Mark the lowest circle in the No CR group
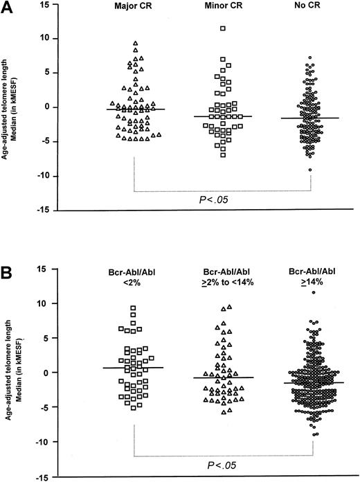pyautogui.click(x=310, y=170)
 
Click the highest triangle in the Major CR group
pyautogui.click(x=136, y=43)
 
